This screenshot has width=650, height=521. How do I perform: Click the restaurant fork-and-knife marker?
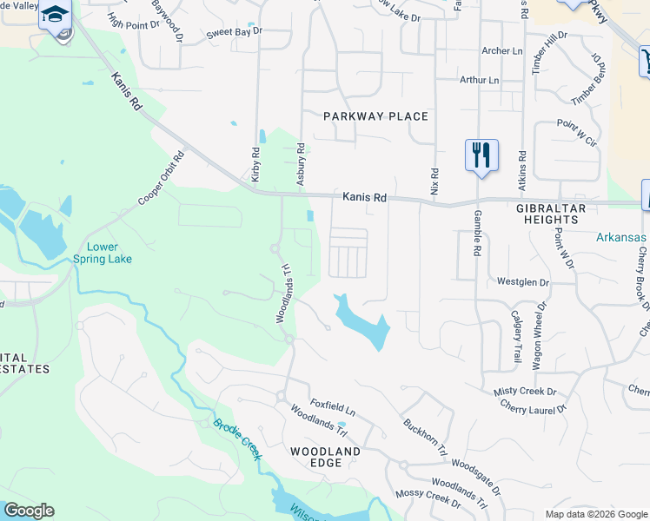481,155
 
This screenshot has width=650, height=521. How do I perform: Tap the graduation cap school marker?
55,16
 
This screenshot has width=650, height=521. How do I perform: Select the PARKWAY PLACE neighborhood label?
375,116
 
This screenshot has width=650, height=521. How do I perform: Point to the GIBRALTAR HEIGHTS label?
559,214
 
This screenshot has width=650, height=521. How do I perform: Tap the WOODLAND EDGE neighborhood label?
325,458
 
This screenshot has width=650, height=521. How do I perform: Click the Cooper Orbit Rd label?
162,180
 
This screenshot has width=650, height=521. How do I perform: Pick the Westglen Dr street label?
523,282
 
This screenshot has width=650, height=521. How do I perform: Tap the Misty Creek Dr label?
524,393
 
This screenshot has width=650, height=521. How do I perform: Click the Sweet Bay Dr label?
234,33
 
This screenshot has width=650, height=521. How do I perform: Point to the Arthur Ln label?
480,80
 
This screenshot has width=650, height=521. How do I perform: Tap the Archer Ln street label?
501,51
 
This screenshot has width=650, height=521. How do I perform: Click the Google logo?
29,511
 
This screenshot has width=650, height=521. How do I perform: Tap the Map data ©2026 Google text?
595,514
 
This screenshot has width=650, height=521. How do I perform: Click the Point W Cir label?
577,132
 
